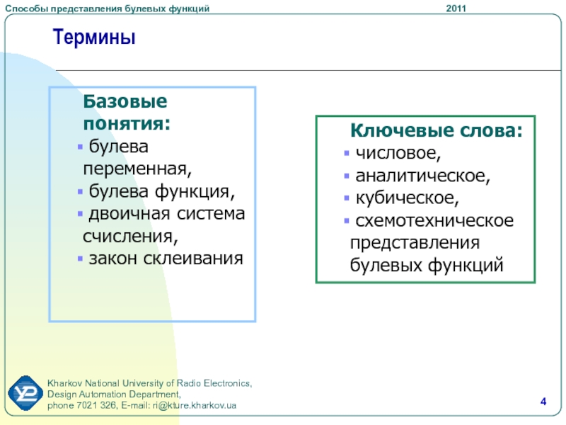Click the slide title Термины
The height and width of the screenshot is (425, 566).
[x=94, y=37]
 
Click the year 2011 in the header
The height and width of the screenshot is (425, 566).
[x=456, y=8]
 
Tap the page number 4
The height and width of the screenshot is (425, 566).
[x=543, y=402]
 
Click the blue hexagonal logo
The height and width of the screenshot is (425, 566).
[x=25, y=393]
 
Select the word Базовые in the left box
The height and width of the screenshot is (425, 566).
[x=125, y=101]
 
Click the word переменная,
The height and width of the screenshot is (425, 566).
[x=137, y=169]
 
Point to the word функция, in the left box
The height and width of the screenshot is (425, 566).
[x=195, y=191]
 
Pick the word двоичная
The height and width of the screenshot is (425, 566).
[x=129, y=214]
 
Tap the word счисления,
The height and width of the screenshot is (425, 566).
[x=130, y=237]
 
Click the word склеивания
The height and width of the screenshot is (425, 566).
[x=193, y=259]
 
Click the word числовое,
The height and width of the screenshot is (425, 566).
[x=398, y=153]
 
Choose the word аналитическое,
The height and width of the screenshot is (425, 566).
[x=422, y=176]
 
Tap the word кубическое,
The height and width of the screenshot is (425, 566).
[x=408, y=198]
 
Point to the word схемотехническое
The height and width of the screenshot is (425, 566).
[x=434, y=221]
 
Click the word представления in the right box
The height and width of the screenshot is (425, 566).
[x=415, y=243]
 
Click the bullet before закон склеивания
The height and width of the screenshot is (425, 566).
[x=80, y=259]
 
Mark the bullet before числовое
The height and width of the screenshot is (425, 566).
[x=347, y=153]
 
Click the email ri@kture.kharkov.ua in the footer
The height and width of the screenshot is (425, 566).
[x=194, y=405]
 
